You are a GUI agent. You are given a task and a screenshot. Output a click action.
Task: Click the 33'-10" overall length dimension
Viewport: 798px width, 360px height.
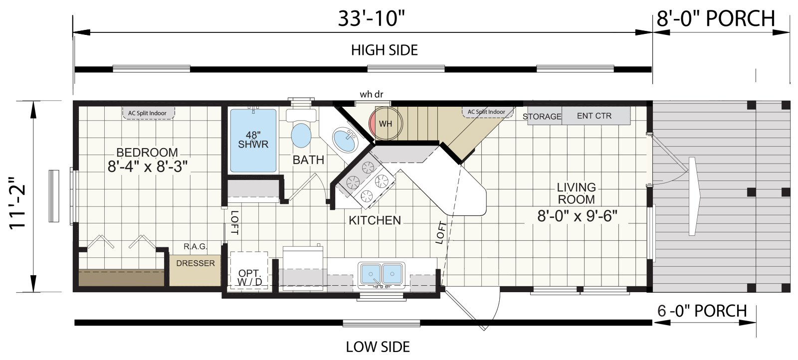pos(372,18)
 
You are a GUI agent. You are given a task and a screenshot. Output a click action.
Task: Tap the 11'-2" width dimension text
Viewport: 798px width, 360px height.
pos(17,203)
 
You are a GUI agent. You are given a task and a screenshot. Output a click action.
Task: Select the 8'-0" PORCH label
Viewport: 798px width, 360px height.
pos(716,18)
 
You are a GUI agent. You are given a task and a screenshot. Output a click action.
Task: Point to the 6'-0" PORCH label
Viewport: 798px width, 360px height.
pos(702,311)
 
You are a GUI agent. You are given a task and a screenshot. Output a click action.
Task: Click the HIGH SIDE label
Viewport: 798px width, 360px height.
pos(385,50)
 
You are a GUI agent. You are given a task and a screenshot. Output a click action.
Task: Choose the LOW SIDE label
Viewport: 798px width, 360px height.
pos(378,347)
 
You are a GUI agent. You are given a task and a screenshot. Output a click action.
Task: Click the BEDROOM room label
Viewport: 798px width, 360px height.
pos(147,153)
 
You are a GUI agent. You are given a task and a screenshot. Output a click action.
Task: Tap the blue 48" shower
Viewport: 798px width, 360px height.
pos(253,141)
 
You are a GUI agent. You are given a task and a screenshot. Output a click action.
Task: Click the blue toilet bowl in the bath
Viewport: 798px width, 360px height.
pos(301,135)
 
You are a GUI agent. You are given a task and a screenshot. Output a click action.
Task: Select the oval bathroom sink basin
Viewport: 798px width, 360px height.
pos(345,140)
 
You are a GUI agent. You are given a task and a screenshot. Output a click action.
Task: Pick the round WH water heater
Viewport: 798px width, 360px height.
pos(386,124)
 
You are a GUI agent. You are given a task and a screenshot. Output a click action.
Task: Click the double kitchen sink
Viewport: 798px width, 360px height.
pos(382,274)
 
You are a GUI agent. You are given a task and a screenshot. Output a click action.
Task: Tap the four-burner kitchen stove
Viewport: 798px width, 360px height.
pos(367,181)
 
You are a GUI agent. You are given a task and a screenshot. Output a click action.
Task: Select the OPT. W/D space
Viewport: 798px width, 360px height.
pos(249,271)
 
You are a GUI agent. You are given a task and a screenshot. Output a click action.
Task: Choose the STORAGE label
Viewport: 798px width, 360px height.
pos(542,117)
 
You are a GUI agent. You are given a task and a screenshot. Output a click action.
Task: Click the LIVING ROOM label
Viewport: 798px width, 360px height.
pos(577,193)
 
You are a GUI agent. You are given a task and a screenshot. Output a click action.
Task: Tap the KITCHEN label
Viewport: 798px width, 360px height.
pos(375,220)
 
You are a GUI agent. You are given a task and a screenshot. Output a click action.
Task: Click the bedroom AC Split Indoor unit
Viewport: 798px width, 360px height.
pos(148,113)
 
